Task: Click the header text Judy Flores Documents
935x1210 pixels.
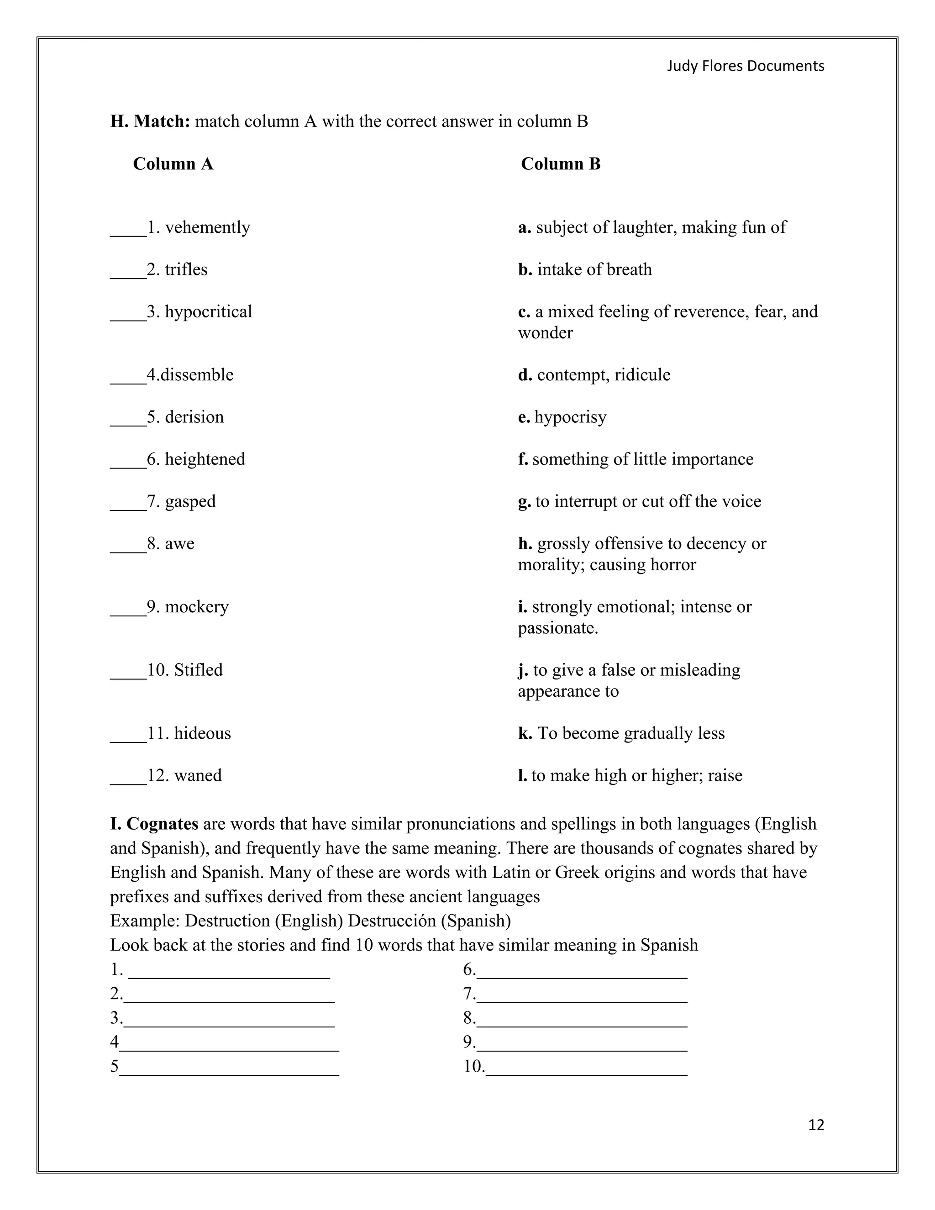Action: [x=745, y=66]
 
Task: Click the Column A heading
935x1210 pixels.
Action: [x=173, y=164]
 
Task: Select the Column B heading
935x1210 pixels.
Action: [x=561, y=164]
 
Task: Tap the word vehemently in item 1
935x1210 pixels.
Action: [x=207, y=228]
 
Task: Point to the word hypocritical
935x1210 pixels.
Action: [x=208, y=312]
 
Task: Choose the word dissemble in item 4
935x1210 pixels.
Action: [x=197, y=375]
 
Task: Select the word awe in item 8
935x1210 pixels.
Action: [x=179, y=543]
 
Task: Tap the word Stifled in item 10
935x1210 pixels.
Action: [x=198, y=670]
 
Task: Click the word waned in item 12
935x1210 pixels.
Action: [x=198, y=775]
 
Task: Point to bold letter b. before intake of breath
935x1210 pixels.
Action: [x=525, y=270]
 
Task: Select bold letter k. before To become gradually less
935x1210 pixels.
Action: [x=525, y=734]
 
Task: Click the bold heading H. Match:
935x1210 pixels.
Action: [x=150, y=121]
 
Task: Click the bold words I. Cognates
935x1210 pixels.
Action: [x=154, y=824]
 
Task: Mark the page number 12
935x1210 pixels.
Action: [x=816, y=1125]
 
